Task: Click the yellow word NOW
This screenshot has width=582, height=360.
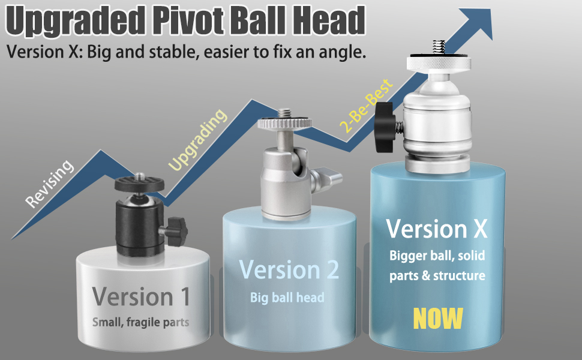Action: point(438,318)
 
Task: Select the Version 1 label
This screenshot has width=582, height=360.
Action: point(142,296)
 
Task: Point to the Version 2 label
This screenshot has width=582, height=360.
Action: point(289,270)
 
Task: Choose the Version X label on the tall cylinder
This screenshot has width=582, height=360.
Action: point(437,229)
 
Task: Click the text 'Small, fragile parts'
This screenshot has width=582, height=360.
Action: point(141,322)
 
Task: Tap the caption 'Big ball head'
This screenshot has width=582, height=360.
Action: point(287,297)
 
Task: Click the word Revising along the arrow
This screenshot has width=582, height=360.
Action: point(51,184)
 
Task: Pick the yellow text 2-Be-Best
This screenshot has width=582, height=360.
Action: point(365,105)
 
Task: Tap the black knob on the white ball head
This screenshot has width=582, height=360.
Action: point(383,127)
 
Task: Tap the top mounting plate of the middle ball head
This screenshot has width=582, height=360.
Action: point(286,124)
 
